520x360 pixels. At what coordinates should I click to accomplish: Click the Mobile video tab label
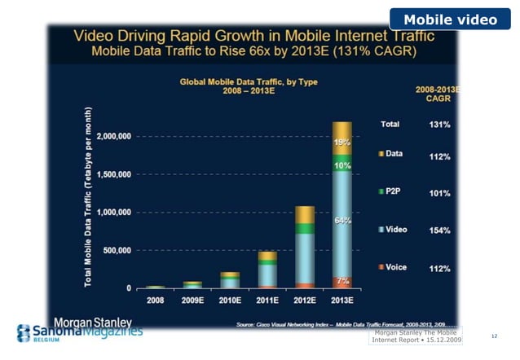[450, 19]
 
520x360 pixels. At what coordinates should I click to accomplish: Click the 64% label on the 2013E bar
[342, 221]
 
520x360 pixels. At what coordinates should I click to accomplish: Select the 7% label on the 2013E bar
[342, 280]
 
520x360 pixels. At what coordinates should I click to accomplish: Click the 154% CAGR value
[440, 230]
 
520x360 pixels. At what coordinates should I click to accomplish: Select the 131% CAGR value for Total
[440, 125]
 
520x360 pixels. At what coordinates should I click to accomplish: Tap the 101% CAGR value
[440, 194]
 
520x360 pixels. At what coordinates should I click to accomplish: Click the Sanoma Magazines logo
[80, 333]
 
